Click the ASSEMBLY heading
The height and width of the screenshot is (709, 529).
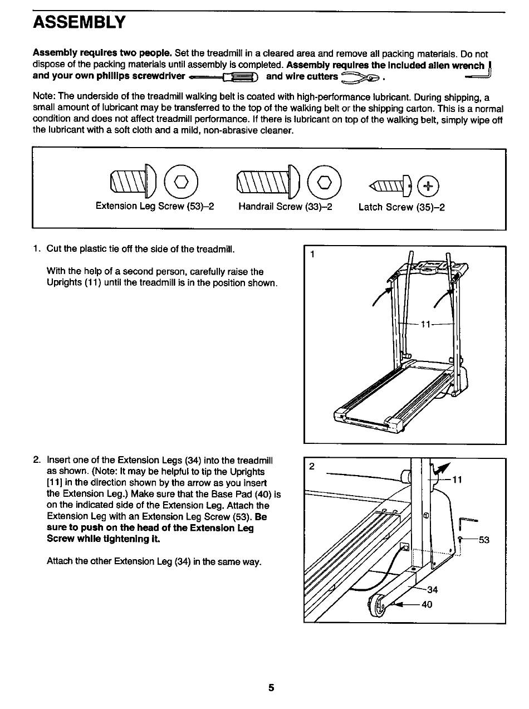click(80, 23)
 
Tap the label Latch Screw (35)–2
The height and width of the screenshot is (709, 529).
click(401, 207)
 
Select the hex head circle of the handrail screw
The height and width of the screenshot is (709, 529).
click(328, 182)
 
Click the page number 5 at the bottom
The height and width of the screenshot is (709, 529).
click(271, 688)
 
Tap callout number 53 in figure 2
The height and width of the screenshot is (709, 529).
click(483, 540)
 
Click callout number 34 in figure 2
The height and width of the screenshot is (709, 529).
click(433, 589)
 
